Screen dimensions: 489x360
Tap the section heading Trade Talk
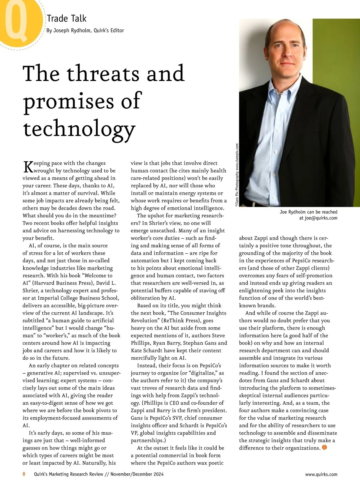pos(67,19)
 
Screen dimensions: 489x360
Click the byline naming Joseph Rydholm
pos(85,31)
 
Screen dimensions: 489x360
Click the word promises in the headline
pos(69,101)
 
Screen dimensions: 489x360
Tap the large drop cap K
pos(28,167)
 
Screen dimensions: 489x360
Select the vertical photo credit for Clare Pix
pos(237,175)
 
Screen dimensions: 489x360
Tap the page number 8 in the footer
pos(24,474)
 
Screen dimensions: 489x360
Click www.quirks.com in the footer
pos(321,474)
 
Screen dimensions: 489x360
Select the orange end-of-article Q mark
pos(324,448)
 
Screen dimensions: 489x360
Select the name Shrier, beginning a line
pos(31,291)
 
